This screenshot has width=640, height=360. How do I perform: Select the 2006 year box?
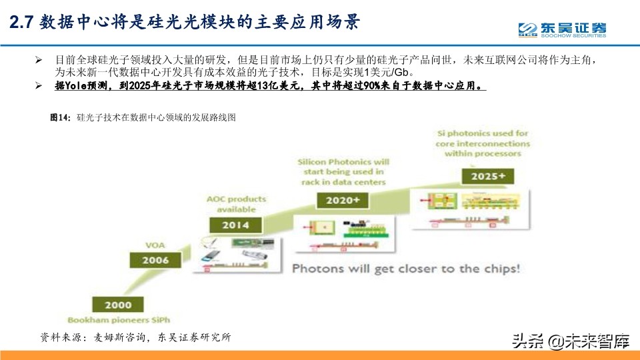155,260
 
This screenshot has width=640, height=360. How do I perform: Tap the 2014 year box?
235,225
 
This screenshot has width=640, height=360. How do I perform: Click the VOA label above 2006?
155,245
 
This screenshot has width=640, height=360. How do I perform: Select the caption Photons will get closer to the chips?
406,269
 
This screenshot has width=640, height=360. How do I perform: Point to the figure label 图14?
60,117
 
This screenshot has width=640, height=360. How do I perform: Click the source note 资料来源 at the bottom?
59,337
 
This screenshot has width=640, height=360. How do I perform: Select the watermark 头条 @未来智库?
571,343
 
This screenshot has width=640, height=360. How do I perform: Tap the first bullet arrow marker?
39,60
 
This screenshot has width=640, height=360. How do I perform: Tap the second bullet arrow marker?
39,87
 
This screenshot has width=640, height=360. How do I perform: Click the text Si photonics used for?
483,133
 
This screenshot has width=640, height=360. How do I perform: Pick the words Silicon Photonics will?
343,162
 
